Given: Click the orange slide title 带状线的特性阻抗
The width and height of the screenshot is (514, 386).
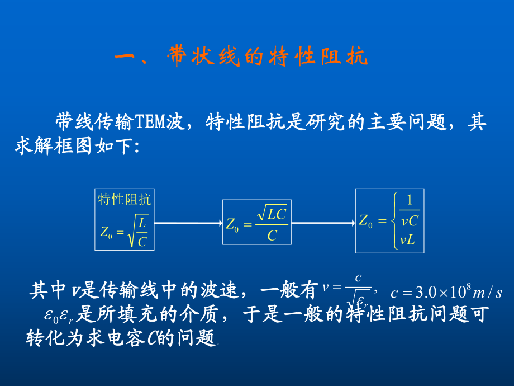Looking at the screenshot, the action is [268, 56].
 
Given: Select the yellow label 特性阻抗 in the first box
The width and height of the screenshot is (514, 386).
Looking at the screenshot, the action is [124, 199].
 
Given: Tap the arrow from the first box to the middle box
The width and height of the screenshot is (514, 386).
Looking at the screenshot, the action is [188, 223].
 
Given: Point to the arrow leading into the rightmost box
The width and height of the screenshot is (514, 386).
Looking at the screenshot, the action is [323, 223].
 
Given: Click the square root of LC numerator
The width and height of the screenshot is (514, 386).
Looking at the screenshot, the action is [272, 214].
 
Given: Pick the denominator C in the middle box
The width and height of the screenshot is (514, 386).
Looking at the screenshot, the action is [272, 236].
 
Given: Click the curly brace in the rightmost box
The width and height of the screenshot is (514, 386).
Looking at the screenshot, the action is [394, 220].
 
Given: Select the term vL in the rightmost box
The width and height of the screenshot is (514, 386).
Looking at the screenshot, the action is [407, 241].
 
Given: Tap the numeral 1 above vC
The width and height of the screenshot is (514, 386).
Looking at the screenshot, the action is [410, 200].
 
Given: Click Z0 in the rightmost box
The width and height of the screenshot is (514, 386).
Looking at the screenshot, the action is [366, 220].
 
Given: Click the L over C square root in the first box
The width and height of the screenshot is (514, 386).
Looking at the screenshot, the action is [139, 231].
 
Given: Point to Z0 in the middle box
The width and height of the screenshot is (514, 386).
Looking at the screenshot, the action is [232, 225].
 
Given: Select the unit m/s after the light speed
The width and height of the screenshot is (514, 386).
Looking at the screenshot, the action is [487, 293].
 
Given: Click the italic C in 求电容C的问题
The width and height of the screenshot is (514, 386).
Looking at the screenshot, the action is [152, 338].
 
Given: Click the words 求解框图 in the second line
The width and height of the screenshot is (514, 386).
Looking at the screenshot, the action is [53, 146].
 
